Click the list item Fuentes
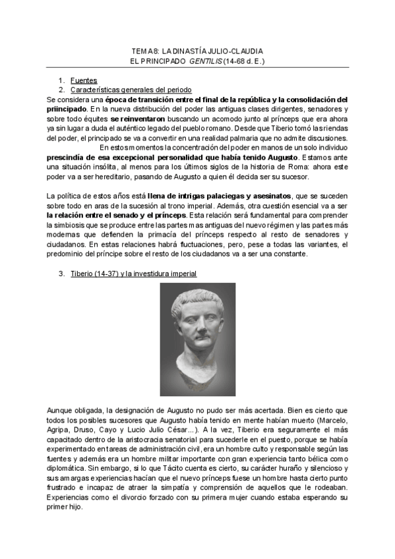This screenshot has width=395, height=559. pyautogui.click(x=83, y=80)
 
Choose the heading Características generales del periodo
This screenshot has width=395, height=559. pyautogui.click(x=131, y=90)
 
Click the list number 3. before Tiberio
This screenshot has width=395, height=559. pyautogui.click(x=62, y=274)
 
